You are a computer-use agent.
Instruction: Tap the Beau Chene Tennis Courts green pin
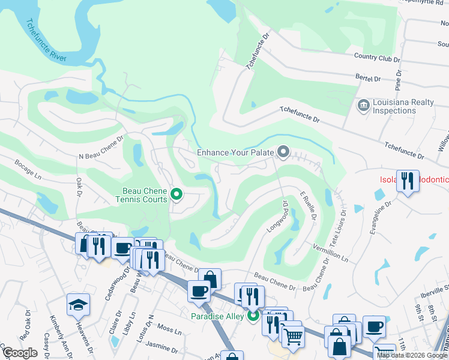[x=176, y=194]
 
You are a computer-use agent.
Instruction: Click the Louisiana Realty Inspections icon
[x=363, y=106]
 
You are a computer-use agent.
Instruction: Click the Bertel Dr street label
[x=368, y=79]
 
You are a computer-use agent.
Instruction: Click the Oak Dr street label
[x=78, y=186]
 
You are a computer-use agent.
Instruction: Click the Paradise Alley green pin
[x=253, y=315]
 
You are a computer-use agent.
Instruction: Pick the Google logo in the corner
[x=20, y=353]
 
